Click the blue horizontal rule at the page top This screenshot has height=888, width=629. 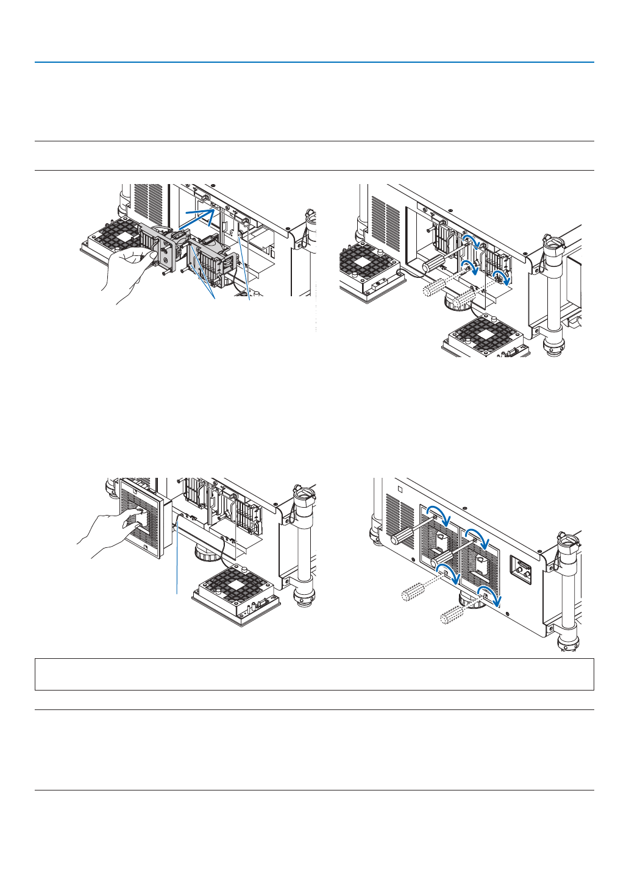314,62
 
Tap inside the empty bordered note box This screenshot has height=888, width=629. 314,674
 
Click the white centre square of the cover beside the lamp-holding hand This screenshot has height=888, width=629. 127,236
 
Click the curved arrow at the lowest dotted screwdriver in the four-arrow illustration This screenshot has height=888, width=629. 490,595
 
